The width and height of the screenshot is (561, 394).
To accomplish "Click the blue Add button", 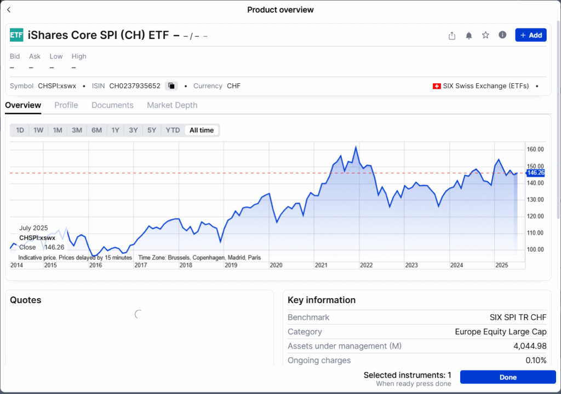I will [530, 35].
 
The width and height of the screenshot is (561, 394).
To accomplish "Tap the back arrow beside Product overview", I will [9, 10].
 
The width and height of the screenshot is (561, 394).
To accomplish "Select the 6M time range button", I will [96, 130].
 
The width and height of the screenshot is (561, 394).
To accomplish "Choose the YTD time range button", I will [173, 130].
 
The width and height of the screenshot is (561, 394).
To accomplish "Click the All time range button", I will [202, 130].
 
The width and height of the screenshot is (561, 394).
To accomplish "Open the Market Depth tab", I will [172, 105].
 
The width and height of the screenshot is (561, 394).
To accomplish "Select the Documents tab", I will [112, 105].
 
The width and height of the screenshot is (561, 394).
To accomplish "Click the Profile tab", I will [66, 105].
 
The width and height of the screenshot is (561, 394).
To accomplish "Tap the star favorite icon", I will [485, 36].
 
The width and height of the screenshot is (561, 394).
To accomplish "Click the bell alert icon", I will [469, 36].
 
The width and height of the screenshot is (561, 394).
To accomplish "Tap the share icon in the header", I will [452, 36].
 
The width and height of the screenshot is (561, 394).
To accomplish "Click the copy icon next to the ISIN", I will [171, 86].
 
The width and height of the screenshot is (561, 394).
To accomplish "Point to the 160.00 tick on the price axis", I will [535, 149].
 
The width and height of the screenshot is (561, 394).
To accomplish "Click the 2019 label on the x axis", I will [231, 265].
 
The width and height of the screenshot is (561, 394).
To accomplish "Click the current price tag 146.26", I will [535, 173].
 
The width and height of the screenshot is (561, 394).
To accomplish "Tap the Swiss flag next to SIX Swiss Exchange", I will [437, 86].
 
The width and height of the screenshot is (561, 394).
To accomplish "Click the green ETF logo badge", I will [16, 35].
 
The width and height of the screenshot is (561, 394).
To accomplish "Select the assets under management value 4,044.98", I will [530, 346].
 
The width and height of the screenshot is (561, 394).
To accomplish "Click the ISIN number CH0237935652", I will [135, 86].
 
